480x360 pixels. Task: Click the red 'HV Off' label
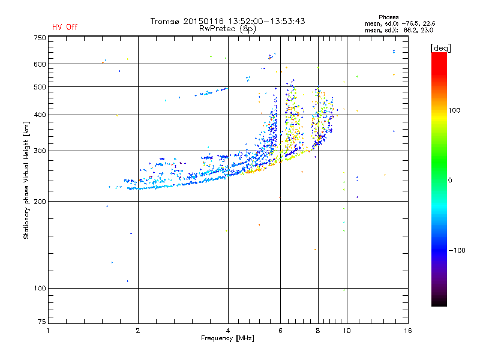click(x=65, y=27)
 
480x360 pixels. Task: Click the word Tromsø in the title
click(x=164, y=21)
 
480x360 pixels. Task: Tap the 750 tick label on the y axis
click(x=40, y=38)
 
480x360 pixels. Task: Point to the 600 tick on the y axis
click(x=40, y=64)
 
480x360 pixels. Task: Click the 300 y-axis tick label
click(x=40, y=151)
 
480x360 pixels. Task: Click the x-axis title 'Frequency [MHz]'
click(x=227, y=338)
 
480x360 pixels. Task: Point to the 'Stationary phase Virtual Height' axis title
click(x=26, y=180)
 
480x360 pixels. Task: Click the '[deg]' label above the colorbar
click(x=441, y=47)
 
